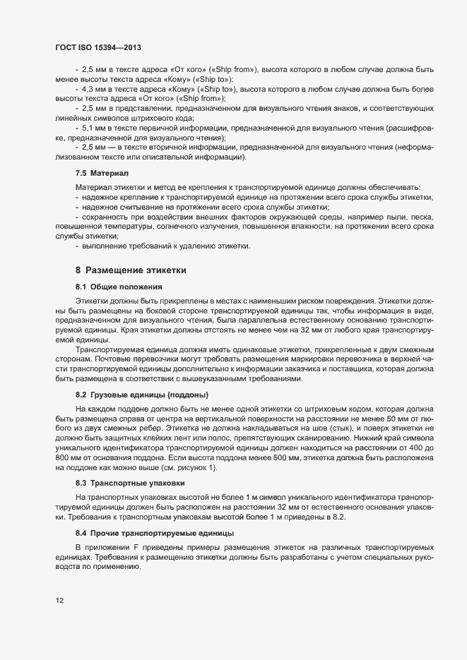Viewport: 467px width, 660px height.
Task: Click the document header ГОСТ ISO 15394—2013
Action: tap(101, 47)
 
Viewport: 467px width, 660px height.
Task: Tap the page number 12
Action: tap(59, 601)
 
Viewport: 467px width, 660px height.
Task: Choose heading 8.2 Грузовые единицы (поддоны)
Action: tap(142, 392)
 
